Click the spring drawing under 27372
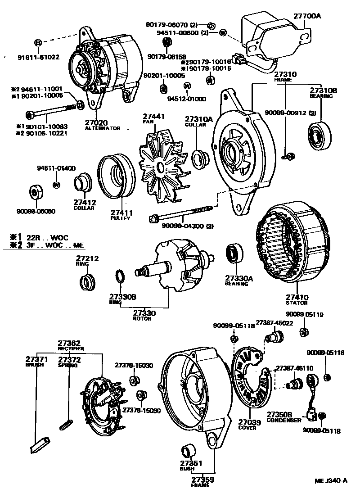[66, 424]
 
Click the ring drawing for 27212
[87, 282]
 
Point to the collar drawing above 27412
[83, 183]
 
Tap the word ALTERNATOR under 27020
[103, 128]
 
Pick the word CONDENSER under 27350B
[284, 420]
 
